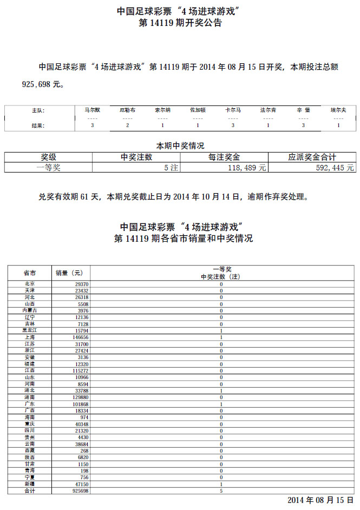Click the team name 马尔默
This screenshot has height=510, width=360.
click(93, 110)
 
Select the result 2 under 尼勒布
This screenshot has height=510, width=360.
click(127, 125)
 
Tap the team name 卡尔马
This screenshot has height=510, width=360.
click(233, 110)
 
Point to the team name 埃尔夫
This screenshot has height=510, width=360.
click(338, 110)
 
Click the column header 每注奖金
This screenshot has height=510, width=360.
click(224, 157)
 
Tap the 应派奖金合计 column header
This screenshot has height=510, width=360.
click(312, 157)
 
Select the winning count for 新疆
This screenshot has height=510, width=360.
click(221, 485)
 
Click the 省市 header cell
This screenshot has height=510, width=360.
click(30, 273)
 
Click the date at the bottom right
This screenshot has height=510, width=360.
click(320, 501)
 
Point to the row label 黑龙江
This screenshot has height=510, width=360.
click(30, 330)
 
